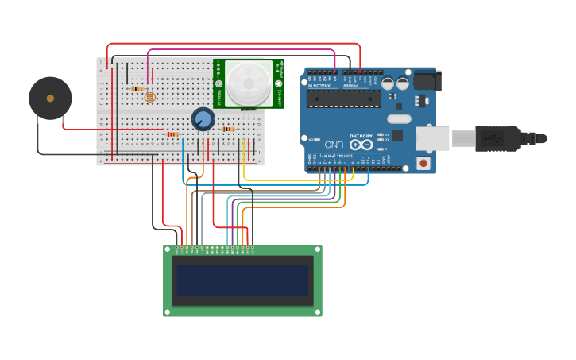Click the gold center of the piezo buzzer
tap(50, 99)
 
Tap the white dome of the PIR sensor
tap(249, 83)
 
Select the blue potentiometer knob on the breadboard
tap(203, 119)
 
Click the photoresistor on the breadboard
tap(149, 97)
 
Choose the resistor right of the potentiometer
tap(229, 129)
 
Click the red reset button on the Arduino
tap(424, 163)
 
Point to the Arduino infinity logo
tap(361, 145)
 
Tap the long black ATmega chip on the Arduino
tap(344, 98)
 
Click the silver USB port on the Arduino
tap(433, 137)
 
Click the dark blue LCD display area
tap(242, 281)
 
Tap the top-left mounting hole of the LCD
tap(168, 250)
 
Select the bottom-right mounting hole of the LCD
tap(318, 312)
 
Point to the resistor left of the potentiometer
tap(172, 134)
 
